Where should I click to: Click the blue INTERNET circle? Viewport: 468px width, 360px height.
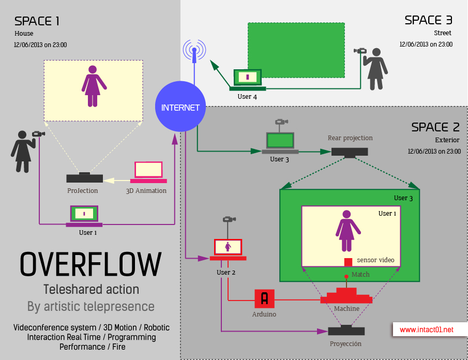(180, 108)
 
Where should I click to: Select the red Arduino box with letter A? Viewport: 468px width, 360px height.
(264, 298)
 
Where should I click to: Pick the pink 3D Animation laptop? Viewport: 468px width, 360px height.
(148, 172)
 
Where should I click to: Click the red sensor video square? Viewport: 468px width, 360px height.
(348, 262)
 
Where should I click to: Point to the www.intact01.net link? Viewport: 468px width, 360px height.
(427, 329)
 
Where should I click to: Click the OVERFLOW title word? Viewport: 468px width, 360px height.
(91, 264)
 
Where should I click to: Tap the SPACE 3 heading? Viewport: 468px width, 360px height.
(428, 20)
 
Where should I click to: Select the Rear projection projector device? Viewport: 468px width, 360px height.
(350, 151)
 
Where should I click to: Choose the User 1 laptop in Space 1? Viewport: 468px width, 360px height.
(84, 216)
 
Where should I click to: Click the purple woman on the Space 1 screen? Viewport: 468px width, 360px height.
(93, 86)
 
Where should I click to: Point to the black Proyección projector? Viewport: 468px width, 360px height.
(346, 331)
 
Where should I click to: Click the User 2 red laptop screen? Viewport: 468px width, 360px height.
(228, 247)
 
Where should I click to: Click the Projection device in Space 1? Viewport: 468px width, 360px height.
(84, 178)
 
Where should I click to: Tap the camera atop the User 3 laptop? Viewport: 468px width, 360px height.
(281, 123)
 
